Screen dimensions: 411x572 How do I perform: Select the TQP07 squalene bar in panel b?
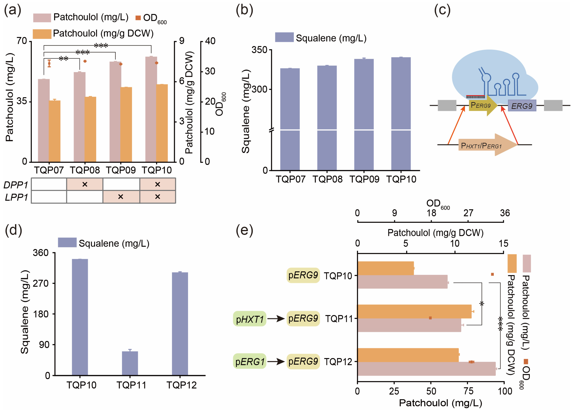click(x=290, y=119)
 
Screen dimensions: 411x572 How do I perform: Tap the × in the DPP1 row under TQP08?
click(x=85, y=184)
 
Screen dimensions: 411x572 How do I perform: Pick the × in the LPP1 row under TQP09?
click(x=121, y=197)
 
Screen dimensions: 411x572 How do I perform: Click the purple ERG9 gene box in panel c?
click(x=522, y=106)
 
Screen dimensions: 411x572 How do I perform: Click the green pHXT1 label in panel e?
click(x=250, y=319)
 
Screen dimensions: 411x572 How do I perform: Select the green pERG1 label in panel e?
click(x=250, y=361)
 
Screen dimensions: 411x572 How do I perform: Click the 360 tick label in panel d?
click(x=40, y=253)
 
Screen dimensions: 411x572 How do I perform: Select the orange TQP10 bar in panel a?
click(x=162, y=123)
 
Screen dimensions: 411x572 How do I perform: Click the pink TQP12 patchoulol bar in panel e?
click(x=426, y=369)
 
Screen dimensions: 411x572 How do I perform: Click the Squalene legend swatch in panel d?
click(x=67, y=243)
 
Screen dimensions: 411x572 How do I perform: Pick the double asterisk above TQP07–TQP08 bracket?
click(x=63, y=59)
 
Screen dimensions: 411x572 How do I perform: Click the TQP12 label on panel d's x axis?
click(x=181, y=385)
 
